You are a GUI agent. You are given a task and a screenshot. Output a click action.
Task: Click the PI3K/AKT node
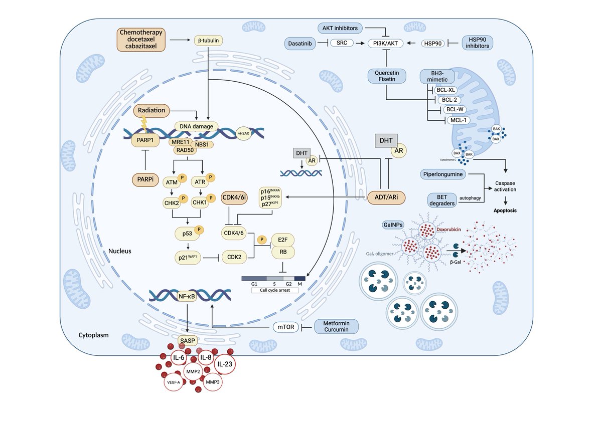386,44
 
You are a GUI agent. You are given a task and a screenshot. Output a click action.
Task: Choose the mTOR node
283,327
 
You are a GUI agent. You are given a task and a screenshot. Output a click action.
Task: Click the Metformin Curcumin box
337,326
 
